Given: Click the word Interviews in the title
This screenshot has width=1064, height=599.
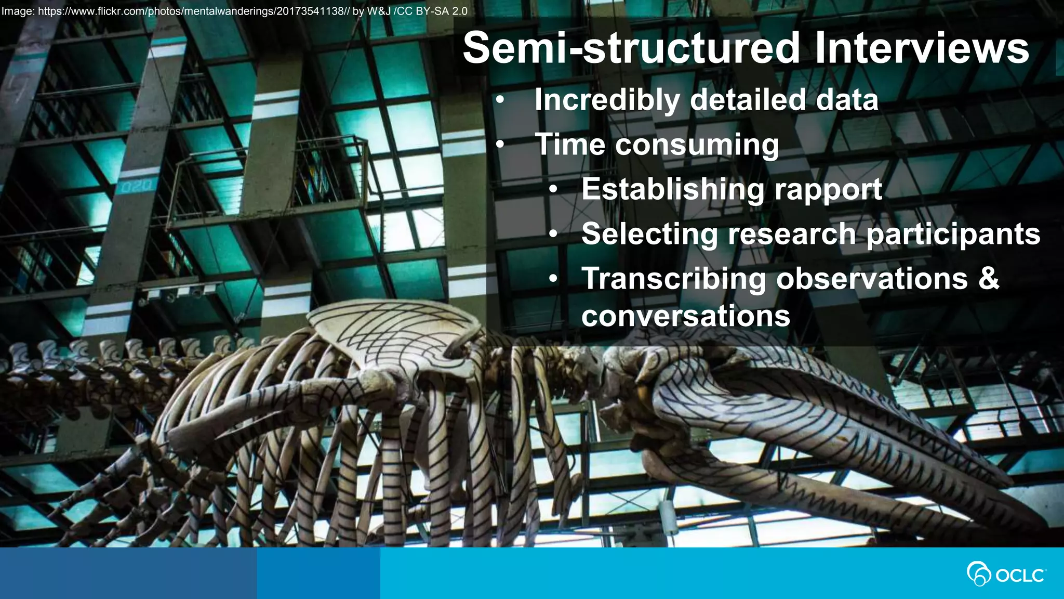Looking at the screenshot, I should coord(921,48).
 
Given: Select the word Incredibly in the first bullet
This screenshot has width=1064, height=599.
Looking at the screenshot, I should coord(607,100).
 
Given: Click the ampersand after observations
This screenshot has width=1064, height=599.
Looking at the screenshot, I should coord(988,279).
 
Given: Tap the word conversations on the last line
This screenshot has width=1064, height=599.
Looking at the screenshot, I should coord(685,316).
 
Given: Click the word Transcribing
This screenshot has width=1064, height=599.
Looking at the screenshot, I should coord(673,279).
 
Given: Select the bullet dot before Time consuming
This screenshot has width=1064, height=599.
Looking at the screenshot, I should coord(500,145).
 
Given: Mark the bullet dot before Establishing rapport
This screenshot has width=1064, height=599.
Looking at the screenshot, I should coord(554,190).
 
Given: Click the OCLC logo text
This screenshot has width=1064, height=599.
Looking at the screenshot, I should coord(1019,576).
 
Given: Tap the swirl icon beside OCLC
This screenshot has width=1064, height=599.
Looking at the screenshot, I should coord(978,574).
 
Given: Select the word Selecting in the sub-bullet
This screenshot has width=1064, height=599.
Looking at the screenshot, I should coord(649,235).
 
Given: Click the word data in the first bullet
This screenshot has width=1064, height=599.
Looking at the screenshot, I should coord(846,100).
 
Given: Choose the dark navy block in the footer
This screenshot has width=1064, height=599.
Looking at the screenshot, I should coord(128,573).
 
